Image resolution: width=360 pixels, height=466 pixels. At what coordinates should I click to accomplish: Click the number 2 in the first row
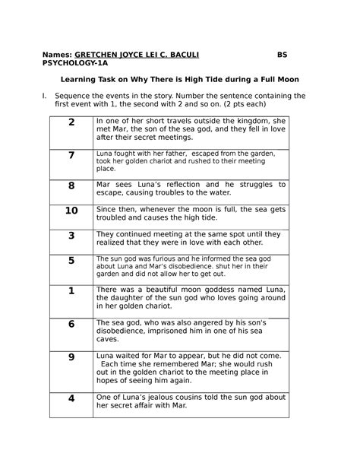71,122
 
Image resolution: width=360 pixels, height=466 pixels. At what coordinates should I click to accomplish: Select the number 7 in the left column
71,156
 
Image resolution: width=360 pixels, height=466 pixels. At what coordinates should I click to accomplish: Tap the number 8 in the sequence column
71,186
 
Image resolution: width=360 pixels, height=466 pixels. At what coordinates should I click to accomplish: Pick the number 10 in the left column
71,211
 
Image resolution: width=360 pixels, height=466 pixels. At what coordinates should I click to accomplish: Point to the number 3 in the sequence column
71,236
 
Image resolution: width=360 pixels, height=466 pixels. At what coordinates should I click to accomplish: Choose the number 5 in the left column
71,261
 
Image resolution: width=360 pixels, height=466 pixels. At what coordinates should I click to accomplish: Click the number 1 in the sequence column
71,290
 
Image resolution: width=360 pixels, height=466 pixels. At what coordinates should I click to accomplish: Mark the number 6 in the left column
71,324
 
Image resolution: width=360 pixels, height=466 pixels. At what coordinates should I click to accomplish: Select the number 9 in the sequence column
71,357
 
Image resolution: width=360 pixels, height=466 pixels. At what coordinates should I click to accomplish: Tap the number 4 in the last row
71,398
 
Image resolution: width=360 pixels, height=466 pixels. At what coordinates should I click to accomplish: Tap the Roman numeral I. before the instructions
45,96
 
